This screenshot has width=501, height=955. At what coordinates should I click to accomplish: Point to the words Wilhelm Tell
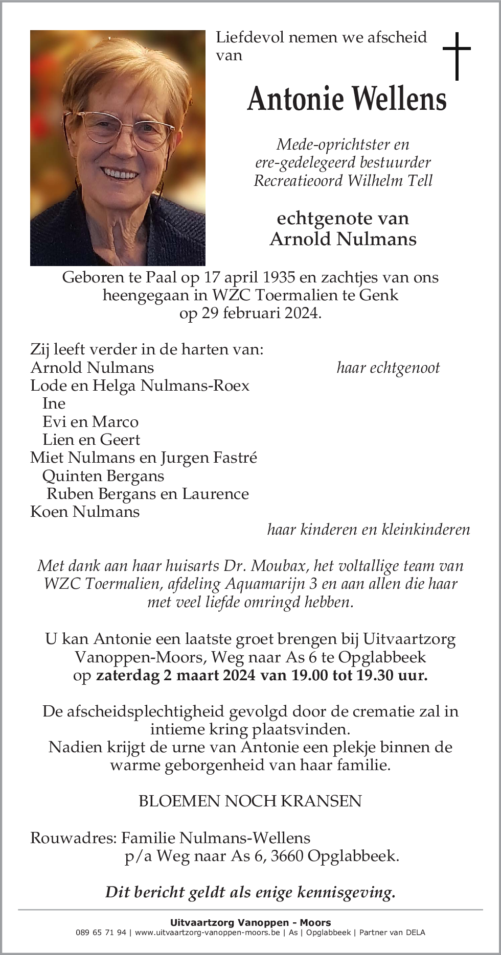(390, 181)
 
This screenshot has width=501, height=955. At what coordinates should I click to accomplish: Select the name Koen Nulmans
(85, 512)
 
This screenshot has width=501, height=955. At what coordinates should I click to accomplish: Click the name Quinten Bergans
(103, 476)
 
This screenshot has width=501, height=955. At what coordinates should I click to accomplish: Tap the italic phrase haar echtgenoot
(388, 368)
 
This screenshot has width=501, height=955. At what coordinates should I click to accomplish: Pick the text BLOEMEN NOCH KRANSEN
(250, 801)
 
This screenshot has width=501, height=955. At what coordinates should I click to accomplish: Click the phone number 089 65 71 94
(101, 932)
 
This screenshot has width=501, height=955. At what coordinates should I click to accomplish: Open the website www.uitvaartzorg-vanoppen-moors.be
(208, 932)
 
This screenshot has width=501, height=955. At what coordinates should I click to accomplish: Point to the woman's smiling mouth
(120, 173)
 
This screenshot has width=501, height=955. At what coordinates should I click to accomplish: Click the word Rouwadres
(73, 838)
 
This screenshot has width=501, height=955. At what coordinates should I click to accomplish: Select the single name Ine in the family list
(54, 403)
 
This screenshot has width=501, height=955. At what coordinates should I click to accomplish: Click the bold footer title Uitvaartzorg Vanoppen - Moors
(250, 922)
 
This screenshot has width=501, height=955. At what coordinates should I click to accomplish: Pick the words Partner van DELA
(392, 932)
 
